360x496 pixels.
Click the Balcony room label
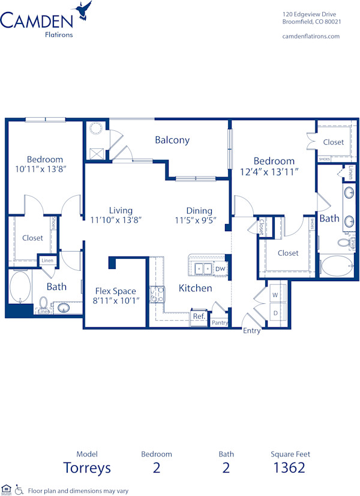click(x=172, y=140)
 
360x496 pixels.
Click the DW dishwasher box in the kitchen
click(x=220, y=268)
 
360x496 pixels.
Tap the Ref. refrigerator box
click(x=198, y=316)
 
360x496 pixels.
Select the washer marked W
click(x=275, y=295)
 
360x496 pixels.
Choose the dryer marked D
click(x=275, y=313)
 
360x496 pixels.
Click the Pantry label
click(x=220, y=322)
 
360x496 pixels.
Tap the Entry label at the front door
click(x=251, y=331)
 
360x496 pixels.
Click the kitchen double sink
click(x=201, y=268)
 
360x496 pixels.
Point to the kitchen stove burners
click(x=157, y=295)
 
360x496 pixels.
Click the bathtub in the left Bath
click(x=19, y=287)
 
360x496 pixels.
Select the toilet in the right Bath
click(x=344, y=243)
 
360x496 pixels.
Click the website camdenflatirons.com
click(x=311, y=36)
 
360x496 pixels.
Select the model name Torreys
click(x=87, y=467)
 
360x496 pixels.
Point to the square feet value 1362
click(x=289, y=467)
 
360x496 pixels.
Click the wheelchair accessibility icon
click(x=19, y=489)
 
